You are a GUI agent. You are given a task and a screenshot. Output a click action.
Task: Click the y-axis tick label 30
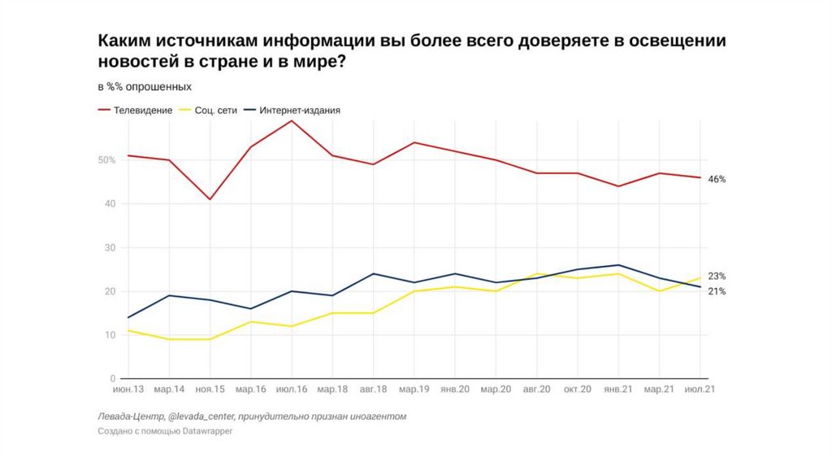111,247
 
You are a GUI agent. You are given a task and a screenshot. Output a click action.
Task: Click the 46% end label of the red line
716,179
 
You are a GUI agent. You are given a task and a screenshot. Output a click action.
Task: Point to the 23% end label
716,276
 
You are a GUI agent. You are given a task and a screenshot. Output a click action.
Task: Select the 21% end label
716,291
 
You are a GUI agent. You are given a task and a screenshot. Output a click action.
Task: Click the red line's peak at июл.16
292,120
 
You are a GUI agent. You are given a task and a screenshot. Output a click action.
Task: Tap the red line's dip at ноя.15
210,199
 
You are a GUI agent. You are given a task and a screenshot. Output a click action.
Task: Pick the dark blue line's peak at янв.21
618,265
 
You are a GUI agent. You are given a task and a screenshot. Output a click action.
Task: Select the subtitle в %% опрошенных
145,86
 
